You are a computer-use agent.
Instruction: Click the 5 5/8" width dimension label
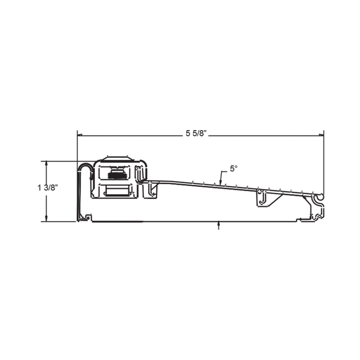pyautogui.click(x=196, y=133)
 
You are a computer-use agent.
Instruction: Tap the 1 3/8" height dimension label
pyautogui.click(x=48, y=188)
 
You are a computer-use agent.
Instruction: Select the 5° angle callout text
pyautogui.click(x=233, y=169)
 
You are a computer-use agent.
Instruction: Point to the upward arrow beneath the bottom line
pyautogui.click(x=219, y=225)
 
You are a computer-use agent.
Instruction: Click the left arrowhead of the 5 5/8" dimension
pyautogui.click(x=80, y=135)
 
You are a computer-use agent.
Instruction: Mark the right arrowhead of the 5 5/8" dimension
pyautogui.click(x=321, y=135)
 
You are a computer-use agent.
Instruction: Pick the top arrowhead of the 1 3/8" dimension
pyautogui.click(x=47, y=164)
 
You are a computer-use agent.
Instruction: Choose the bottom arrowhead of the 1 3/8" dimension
pyautogui.click(x=47, y=219)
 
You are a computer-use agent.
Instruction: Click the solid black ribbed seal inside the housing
pyautogui.click(x=117, y=175)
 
